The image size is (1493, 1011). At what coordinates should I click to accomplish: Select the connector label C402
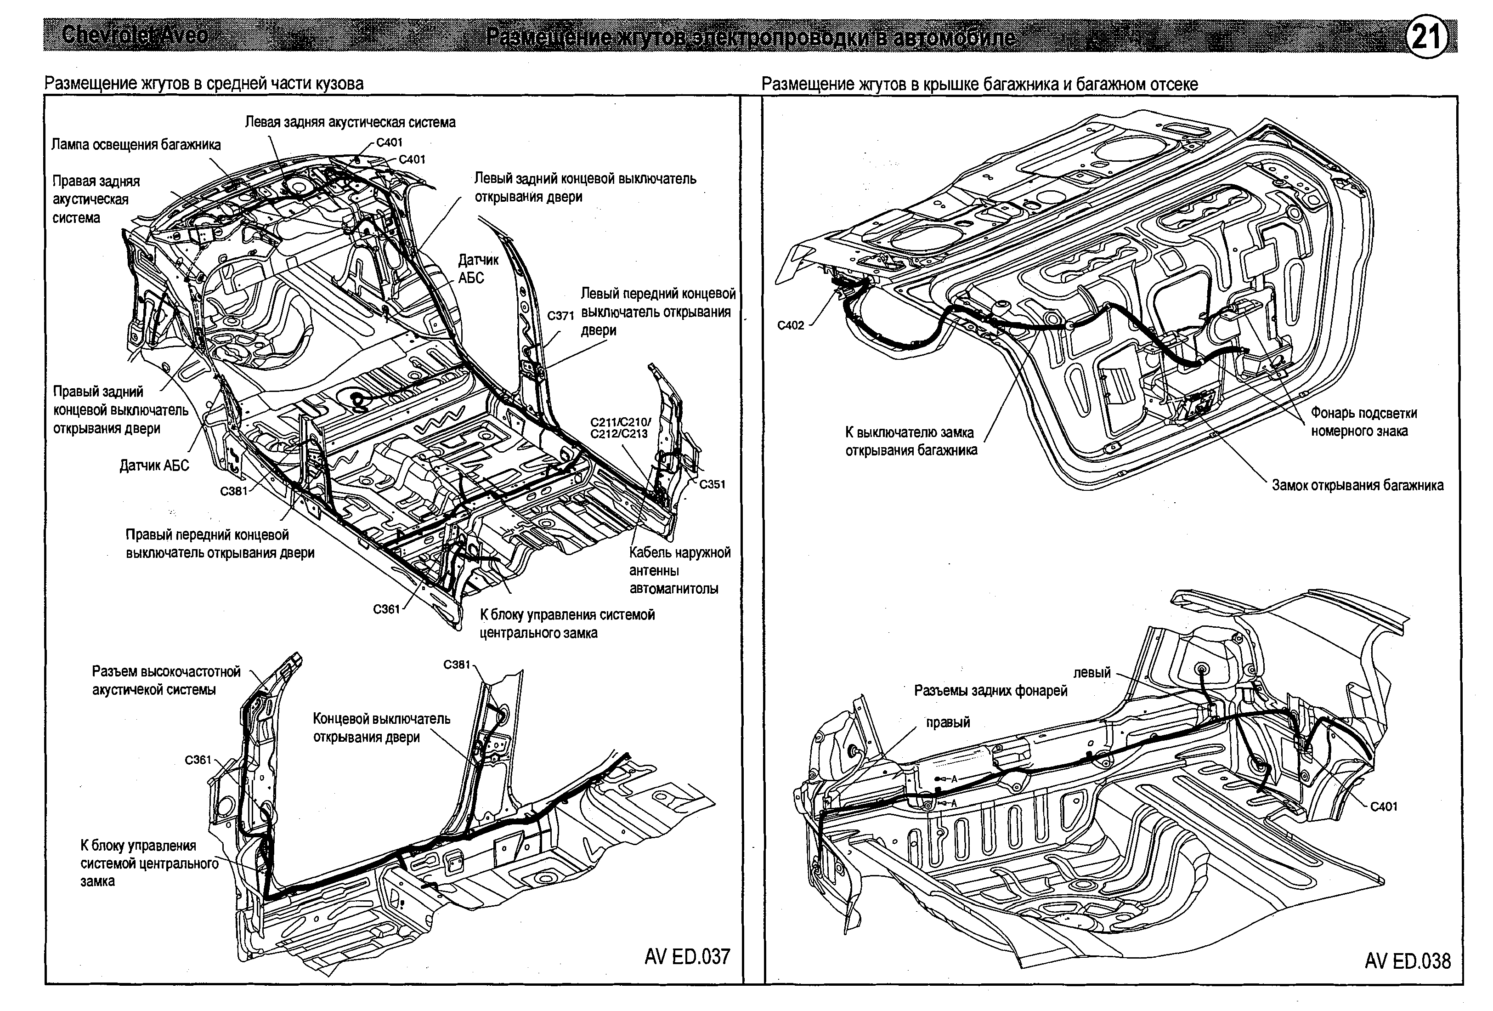pyautogui.click(x=790, y=325)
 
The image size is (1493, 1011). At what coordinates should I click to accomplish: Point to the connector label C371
pyautogui.click(x=560, y=316)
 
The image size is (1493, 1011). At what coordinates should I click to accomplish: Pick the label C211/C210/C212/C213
pyautogui.click(x=620, y=428)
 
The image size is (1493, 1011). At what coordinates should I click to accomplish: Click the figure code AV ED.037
pyautogui.click(x=687, y=956)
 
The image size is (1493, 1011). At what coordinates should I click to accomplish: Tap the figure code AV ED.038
pyautogui.click(x=1408, y=961)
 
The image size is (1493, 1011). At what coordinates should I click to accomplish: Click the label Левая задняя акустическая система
pyautogui.click(x=350, y=122)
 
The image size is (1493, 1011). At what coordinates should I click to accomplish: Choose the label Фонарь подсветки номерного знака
pyautogui.click(x=1363, y=422)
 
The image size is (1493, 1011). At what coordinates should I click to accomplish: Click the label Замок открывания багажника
pyautogui.click(x=1357, y=485)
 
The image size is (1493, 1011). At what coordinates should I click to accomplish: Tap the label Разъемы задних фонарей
pyautogui.click(x=990, y=691)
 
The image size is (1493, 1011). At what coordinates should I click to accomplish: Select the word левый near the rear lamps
pyautogui.click(x=1091, y=673)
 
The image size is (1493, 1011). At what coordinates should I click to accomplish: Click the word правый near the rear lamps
pyautogui.click(x=948, y=722)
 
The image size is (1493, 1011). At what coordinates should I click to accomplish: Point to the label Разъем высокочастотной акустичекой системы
pyautogui.click(x=166, y=681)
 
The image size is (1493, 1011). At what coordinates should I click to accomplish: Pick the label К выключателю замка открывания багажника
pyautogui.click(x=911, y=442)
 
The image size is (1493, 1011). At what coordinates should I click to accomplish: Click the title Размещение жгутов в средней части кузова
pyautogui.click(x=204, y=84)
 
